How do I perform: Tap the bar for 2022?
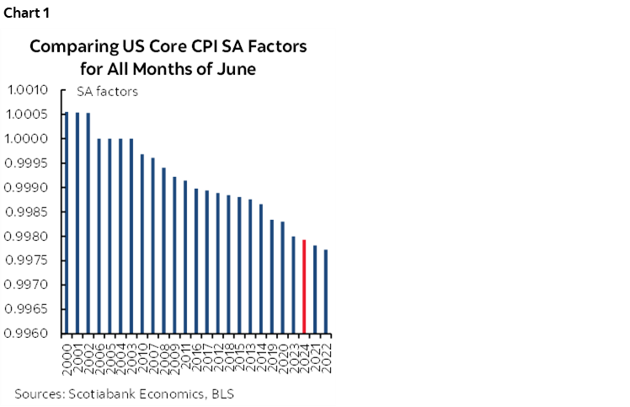pos(326,292)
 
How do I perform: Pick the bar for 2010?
pos(142,244)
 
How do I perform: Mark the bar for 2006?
pos(99,236)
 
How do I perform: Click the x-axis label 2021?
pos(315,351)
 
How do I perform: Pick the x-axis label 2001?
pos(77,351)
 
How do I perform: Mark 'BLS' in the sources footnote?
pos(222,394)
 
